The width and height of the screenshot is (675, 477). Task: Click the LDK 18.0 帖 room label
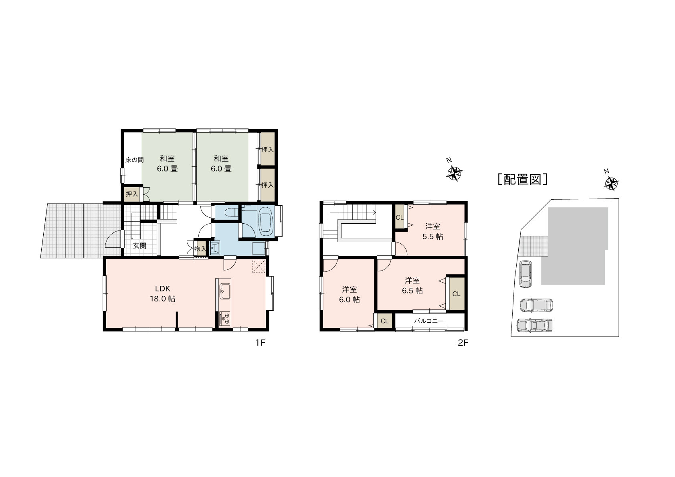[x=163, y=293]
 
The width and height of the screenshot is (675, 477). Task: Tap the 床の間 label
[x=134, y=160]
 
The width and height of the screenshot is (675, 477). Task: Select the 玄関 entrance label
[x=139, y=246]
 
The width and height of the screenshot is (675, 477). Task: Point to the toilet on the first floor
[x=230, y=212]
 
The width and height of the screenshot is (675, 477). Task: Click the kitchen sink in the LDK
[x=224, y=291]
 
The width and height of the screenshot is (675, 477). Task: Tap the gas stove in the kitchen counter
[x=224, y=318]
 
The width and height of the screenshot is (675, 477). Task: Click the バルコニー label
[x=428, y=321]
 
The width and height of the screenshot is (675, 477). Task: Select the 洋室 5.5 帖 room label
[x=432, y=231]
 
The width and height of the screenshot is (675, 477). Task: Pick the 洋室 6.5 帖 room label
[x=412, y=285]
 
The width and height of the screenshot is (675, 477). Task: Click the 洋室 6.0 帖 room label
[x=349, y=294]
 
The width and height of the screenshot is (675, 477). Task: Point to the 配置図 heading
[x=522, y=179]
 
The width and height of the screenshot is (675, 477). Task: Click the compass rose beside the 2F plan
[x=454, y=173]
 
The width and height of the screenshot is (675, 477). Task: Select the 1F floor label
[x=261, y=343]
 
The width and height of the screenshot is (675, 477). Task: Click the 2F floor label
[x=463, y=343]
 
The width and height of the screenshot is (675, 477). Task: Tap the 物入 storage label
[x=200, y=249]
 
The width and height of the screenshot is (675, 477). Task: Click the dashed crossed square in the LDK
[x=259, y=266]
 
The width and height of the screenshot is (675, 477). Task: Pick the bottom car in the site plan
[x=535, y=325]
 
